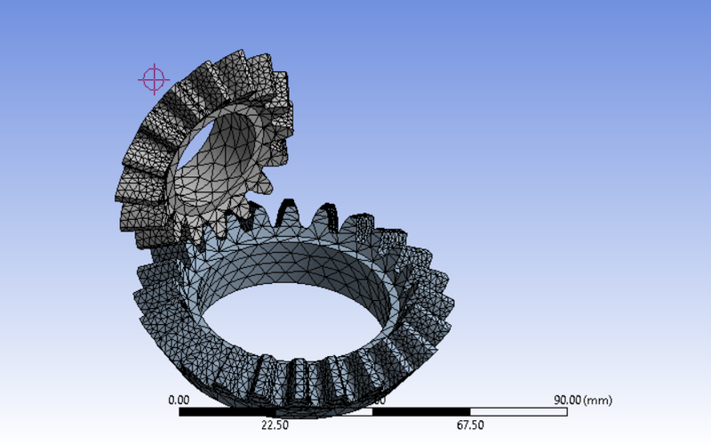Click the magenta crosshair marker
click(153, 79)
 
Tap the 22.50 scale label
click(276, 425)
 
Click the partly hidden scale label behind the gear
click(379, 401)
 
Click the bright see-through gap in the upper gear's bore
click(199, 140)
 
